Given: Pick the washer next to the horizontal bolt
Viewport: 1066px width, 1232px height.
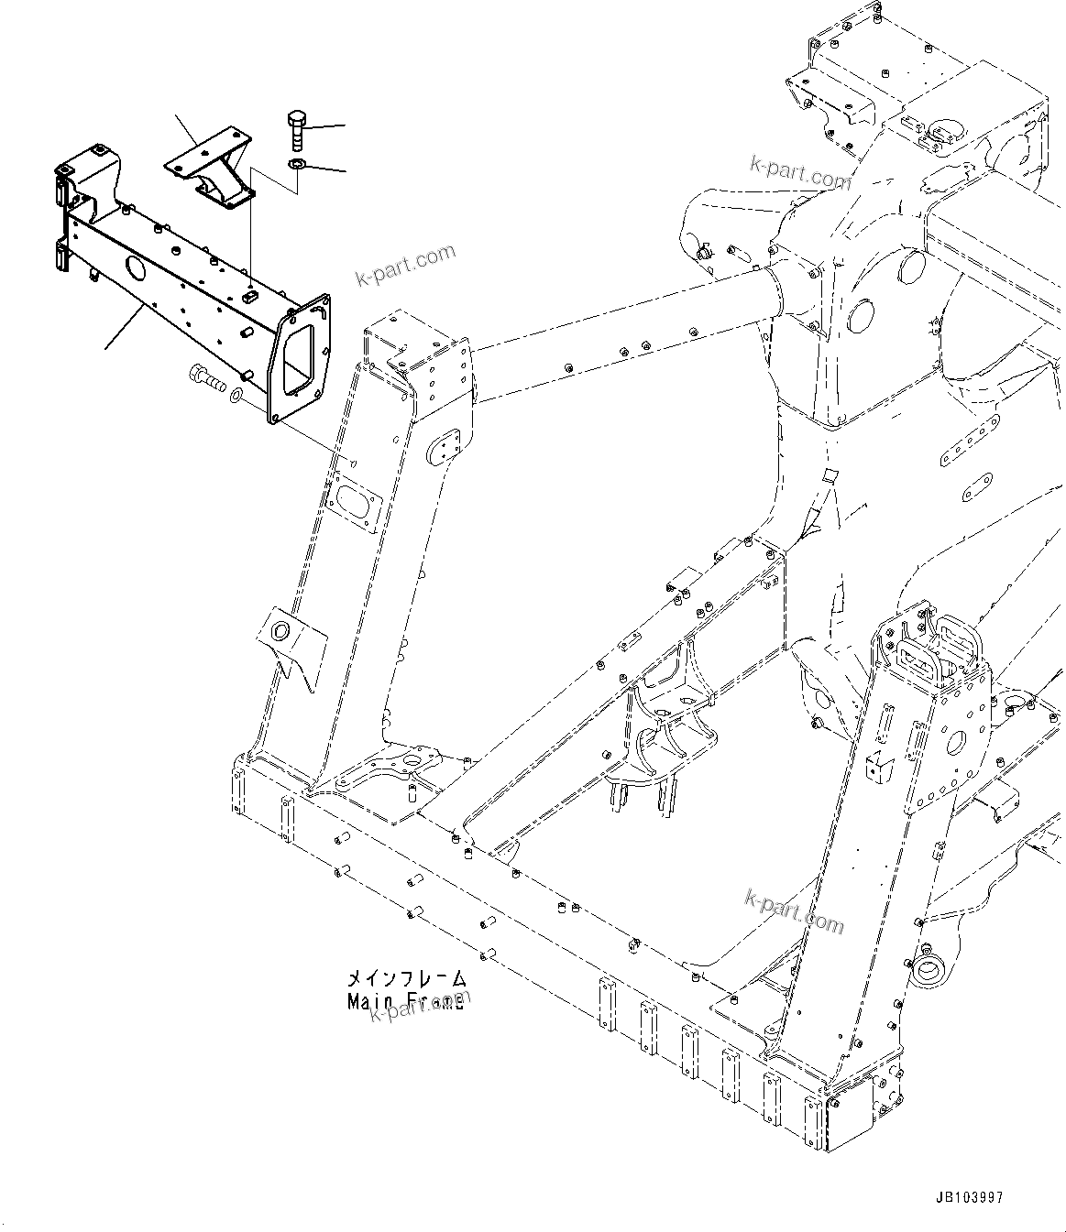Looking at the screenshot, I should (x=236, y=396).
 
